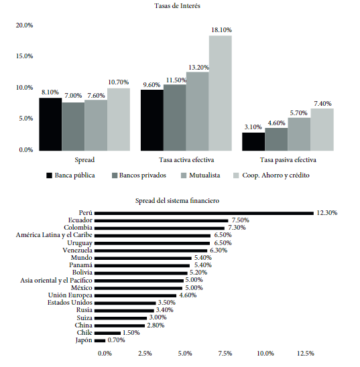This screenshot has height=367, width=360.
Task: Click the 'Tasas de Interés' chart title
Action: [x=177, y=5]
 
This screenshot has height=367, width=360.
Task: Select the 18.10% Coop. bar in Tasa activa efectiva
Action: [x=221, y=93]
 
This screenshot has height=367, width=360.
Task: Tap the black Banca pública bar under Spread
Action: [x=50, y=125]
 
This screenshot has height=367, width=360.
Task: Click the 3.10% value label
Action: [x=253, y=127]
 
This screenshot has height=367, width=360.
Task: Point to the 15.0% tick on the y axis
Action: [x=25, y=56]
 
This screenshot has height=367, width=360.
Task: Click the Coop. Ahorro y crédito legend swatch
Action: [x=237, y=175]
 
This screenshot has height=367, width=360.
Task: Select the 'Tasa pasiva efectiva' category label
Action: [x=288, y=160]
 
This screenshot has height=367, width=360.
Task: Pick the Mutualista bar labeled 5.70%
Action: [x=300, y=134]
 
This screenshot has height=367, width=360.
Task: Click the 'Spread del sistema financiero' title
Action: [x=177, y=201]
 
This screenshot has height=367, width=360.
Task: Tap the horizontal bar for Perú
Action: [x=204, y=213]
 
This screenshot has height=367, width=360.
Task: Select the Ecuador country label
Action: [x=80, y=220]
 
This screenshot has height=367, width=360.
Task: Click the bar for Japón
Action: [x=100, y=341]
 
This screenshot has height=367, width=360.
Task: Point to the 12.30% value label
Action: [x=327, y=213]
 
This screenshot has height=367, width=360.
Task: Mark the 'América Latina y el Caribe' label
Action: [x=54, y=235]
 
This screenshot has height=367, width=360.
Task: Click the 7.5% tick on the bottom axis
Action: [x=225, y=353]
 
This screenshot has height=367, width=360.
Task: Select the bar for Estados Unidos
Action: [x=125, y=303]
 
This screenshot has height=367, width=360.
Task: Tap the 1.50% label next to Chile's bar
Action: [x=131, y=333]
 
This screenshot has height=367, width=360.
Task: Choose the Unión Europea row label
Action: [x=70, y=295]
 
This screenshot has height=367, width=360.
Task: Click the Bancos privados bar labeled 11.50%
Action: [x=175, y=117]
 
